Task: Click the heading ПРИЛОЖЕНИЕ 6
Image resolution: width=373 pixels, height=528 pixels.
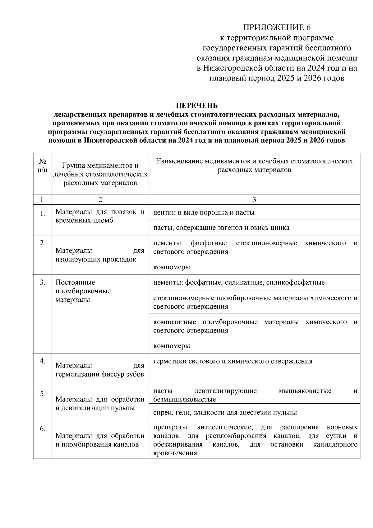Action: tap(277, 28)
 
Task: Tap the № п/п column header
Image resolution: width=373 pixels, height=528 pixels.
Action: tap(43, 165)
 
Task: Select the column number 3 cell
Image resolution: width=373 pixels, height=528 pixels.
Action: tap(254, 199)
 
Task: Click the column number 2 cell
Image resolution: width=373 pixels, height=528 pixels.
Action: tap(100, 199)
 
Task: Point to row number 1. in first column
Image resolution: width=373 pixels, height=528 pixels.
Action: tap(43, 214)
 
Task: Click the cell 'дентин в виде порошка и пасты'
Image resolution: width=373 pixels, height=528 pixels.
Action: tap(204, 212)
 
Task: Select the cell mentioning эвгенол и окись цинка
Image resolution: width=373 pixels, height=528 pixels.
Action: tap(221, 228)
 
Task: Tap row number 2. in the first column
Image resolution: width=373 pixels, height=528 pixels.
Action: tap(43, 243)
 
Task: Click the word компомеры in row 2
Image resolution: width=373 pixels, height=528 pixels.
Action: tap(172, 267)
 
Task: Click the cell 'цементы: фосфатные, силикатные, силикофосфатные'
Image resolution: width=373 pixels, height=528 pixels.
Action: tap(239, 282)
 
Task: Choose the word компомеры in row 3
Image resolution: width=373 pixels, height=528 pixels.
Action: tap(172, 346)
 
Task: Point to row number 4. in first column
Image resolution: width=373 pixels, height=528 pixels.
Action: tap(43, 361)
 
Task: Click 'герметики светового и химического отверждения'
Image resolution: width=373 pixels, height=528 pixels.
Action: tap(233, 361)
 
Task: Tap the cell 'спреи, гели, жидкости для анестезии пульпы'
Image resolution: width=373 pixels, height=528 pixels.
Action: tap(225, 412)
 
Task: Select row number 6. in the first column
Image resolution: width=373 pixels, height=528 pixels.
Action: tap(43, 429)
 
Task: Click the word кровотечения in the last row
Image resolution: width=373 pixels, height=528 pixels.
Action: tap(175, 453)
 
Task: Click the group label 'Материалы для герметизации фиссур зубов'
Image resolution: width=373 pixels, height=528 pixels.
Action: tap(100, 370)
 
